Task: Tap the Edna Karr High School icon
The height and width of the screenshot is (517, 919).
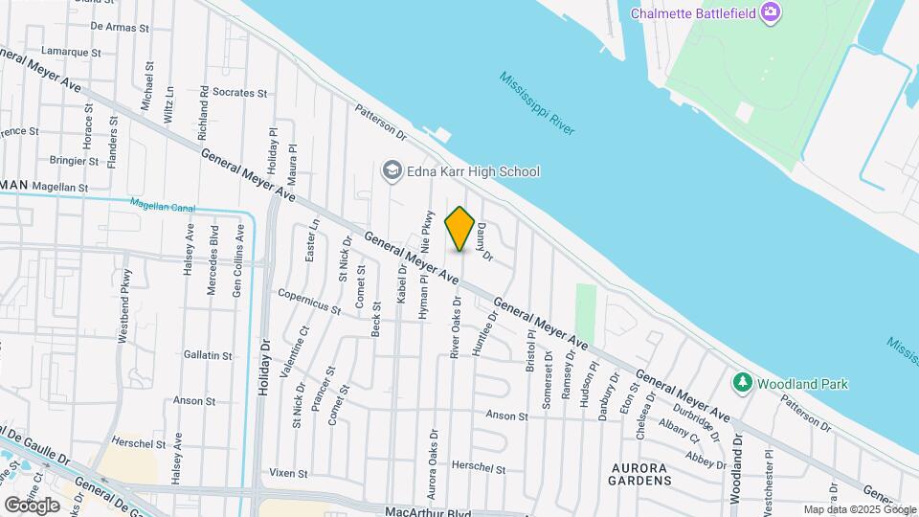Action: click(391, 171)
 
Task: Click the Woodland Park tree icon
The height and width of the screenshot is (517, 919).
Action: click(741, 383)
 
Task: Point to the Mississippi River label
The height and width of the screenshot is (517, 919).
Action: click(537, 103)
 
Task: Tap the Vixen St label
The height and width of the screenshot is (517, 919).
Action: click(287, 473)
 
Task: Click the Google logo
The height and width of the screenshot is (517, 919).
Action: click(32, 505)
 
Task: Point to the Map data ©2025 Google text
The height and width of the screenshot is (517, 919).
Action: click(859, 509)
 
